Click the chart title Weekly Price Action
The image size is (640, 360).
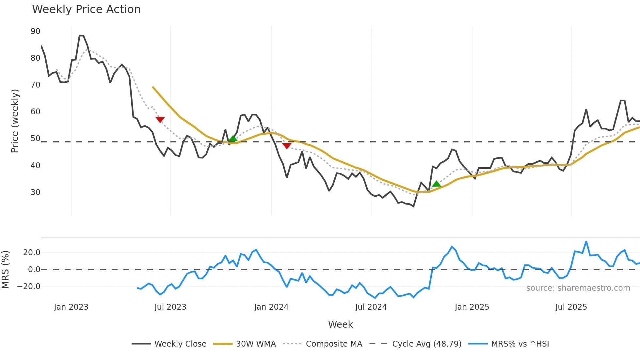[x=86, y=9]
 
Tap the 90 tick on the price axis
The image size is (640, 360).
[x=35, y=31]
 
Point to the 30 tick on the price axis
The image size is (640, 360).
[x=35, y=192]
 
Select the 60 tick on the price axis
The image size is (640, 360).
[x=35, y=112]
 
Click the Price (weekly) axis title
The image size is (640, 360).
[x=15, y=121]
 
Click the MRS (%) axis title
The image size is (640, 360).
[x=5, y=270]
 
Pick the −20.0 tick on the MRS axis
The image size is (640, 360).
[x=29, y=286]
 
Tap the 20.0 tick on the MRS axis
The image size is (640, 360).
[x=31, y=253]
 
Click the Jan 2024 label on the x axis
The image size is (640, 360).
[x=271, y=307]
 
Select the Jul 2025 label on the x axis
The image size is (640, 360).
[x=571, y=307]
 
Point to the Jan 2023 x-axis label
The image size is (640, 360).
[x=71, y=307]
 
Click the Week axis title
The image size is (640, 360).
[x=340, y=324]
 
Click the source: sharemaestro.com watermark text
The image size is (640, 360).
[x=578, y=288]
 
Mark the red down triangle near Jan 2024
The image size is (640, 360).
[x=287, y=146]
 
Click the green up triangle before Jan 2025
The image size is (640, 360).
[x=436, y=184]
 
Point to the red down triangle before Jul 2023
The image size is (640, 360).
[x=160, y=120]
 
